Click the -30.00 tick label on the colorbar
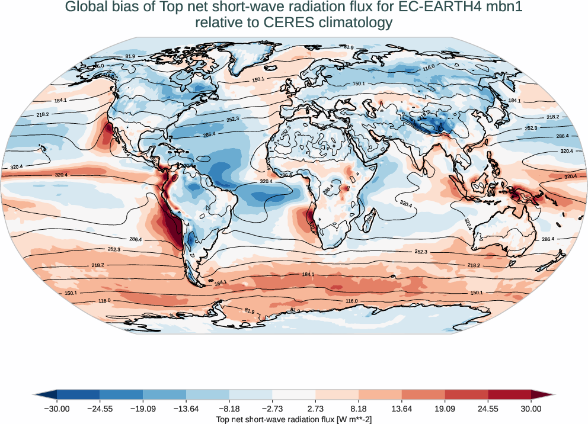(x=57, y=409)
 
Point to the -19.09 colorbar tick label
(x=143, y=409)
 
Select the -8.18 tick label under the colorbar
(x=229, y=409)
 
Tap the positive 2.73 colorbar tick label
(x=315, y=409)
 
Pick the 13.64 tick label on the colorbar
(x=402, y=409)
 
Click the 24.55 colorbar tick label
(x=488, y=409)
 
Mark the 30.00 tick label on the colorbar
(x=531, y=409)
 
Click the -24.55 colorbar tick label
(x=100, y=409)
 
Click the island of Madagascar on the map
(x=368, y=219)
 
